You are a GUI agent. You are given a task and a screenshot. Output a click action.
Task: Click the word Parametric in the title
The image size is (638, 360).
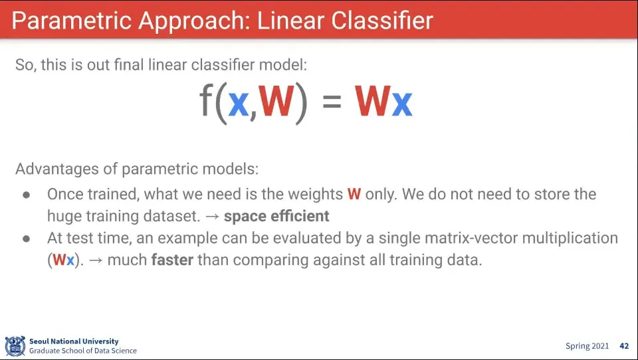72,21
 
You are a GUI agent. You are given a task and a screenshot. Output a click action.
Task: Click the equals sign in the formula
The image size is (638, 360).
332,101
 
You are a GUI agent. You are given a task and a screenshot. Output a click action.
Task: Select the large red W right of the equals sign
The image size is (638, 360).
372,101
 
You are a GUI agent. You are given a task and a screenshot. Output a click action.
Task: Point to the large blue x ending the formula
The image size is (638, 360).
402,104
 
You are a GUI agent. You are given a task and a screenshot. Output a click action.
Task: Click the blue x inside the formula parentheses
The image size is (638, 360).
239,104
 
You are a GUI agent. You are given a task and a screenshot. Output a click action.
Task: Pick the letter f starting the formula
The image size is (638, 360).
206,101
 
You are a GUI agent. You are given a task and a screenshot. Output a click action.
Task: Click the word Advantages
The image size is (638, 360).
56,169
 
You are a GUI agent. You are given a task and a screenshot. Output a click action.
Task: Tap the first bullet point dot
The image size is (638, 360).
27,195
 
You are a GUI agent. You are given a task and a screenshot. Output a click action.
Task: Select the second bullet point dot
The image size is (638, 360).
27,238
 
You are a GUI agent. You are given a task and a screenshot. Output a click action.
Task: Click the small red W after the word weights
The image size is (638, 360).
354,195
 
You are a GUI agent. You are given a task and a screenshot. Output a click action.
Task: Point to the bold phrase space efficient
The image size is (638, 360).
276,216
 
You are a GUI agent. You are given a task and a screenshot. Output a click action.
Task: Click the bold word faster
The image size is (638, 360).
172,260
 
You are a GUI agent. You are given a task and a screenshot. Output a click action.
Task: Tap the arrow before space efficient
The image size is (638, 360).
213,217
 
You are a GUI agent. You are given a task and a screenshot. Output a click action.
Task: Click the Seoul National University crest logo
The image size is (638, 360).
15,346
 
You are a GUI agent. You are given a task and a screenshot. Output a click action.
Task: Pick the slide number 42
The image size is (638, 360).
624,346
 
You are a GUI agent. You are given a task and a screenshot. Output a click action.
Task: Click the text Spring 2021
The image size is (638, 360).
587,346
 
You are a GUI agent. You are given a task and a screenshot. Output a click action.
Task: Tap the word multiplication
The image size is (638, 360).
570,238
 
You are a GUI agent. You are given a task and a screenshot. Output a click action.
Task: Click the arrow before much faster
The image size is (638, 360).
96,260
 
